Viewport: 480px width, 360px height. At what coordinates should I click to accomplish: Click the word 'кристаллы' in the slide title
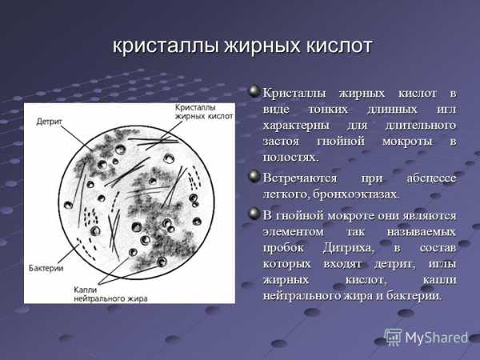[166, 46]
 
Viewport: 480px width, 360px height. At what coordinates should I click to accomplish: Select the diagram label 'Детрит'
[49, 122]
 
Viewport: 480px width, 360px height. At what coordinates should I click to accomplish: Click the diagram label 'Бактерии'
[46, 268]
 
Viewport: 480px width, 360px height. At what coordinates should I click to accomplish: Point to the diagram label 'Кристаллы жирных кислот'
[204, 112]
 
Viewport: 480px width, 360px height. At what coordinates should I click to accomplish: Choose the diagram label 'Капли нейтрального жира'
[110, 294]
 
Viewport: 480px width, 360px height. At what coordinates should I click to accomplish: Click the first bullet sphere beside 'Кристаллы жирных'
[254, 91]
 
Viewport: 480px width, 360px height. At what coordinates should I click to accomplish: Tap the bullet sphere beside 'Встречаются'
[254, 177]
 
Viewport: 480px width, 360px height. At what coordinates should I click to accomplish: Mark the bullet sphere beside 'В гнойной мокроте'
[254, 214]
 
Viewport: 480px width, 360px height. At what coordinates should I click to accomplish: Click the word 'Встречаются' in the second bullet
[300, 178]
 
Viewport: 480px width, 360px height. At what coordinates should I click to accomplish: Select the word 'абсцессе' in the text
[431, 178]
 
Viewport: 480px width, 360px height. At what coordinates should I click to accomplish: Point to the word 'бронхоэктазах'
[356, 194]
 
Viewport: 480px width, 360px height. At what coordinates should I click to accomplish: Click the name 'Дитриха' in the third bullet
[348, 248]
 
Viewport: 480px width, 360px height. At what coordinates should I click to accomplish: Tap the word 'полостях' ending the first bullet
[291, 158]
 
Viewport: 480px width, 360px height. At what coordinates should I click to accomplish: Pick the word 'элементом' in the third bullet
[294, 232]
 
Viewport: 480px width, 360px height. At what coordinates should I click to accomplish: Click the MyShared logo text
[437, 338]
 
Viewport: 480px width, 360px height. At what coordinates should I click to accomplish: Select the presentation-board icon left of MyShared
[393, 337]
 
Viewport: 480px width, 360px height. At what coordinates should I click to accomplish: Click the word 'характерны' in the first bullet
[296, 126]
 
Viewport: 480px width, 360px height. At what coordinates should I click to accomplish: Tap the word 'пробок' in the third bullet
[283, 248]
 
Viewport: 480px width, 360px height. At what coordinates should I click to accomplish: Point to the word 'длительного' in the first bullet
[421, 126]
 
